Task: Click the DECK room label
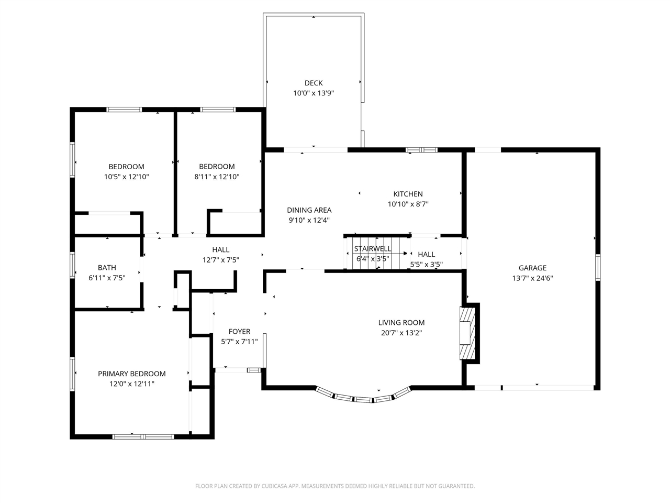[x=314, y=83]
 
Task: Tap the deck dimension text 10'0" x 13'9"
[x=314, y=93]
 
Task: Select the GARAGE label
[x=532, y=268]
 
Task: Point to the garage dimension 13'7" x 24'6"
[x=532, y=278]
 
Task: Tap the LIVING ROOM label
[x=401, y=323]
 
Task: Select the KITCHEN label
[x=408, y=194]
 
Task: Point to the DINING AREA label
[x=309, y=210]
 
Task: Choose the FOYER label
[x=239, y=331]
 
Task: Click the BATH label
[x=107, y=268]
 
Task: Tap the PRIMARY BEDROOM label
[x=131, y=374]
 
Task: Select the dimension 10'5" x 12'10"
[x=126, y=177]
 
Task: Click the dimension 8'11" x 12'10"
[x=217, y=177]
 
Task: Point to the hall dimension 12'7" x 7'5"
[x=221, y=260]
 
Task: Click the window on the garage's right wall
[x=598, y=267]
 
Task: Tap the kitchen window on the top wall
[x=422, y=150]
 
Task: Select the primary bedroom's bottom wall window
[x=143, y=436]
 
